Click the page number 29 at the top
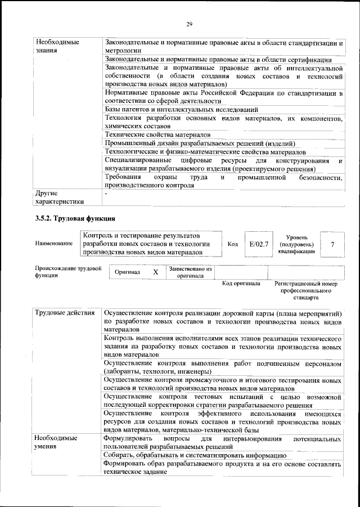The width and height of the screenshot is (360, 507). [190, 23]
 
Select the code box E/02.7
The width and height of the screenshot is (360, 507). [259, 245]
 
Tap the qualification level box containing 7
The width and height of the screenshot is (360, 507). [333, 245]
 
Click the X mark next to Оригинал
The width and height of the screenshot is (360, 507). [156, 272]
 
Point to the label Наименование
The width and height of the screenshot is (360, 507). [54, 244]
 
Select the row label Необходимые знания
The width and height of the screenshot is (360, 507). [57, 46]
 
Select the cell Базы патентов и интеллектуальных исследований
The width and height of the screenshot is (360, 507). [181, 109]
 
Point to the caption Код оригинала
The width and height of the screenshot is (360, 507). [241, 284]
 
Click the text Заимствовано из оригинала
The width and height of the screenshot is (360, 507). [190, 272]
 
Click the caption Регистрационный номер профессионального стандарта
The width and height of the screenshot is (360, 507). [305, 290]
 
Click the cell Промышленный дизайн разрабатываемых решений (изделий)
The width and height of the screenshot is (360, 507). [200, 143]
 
